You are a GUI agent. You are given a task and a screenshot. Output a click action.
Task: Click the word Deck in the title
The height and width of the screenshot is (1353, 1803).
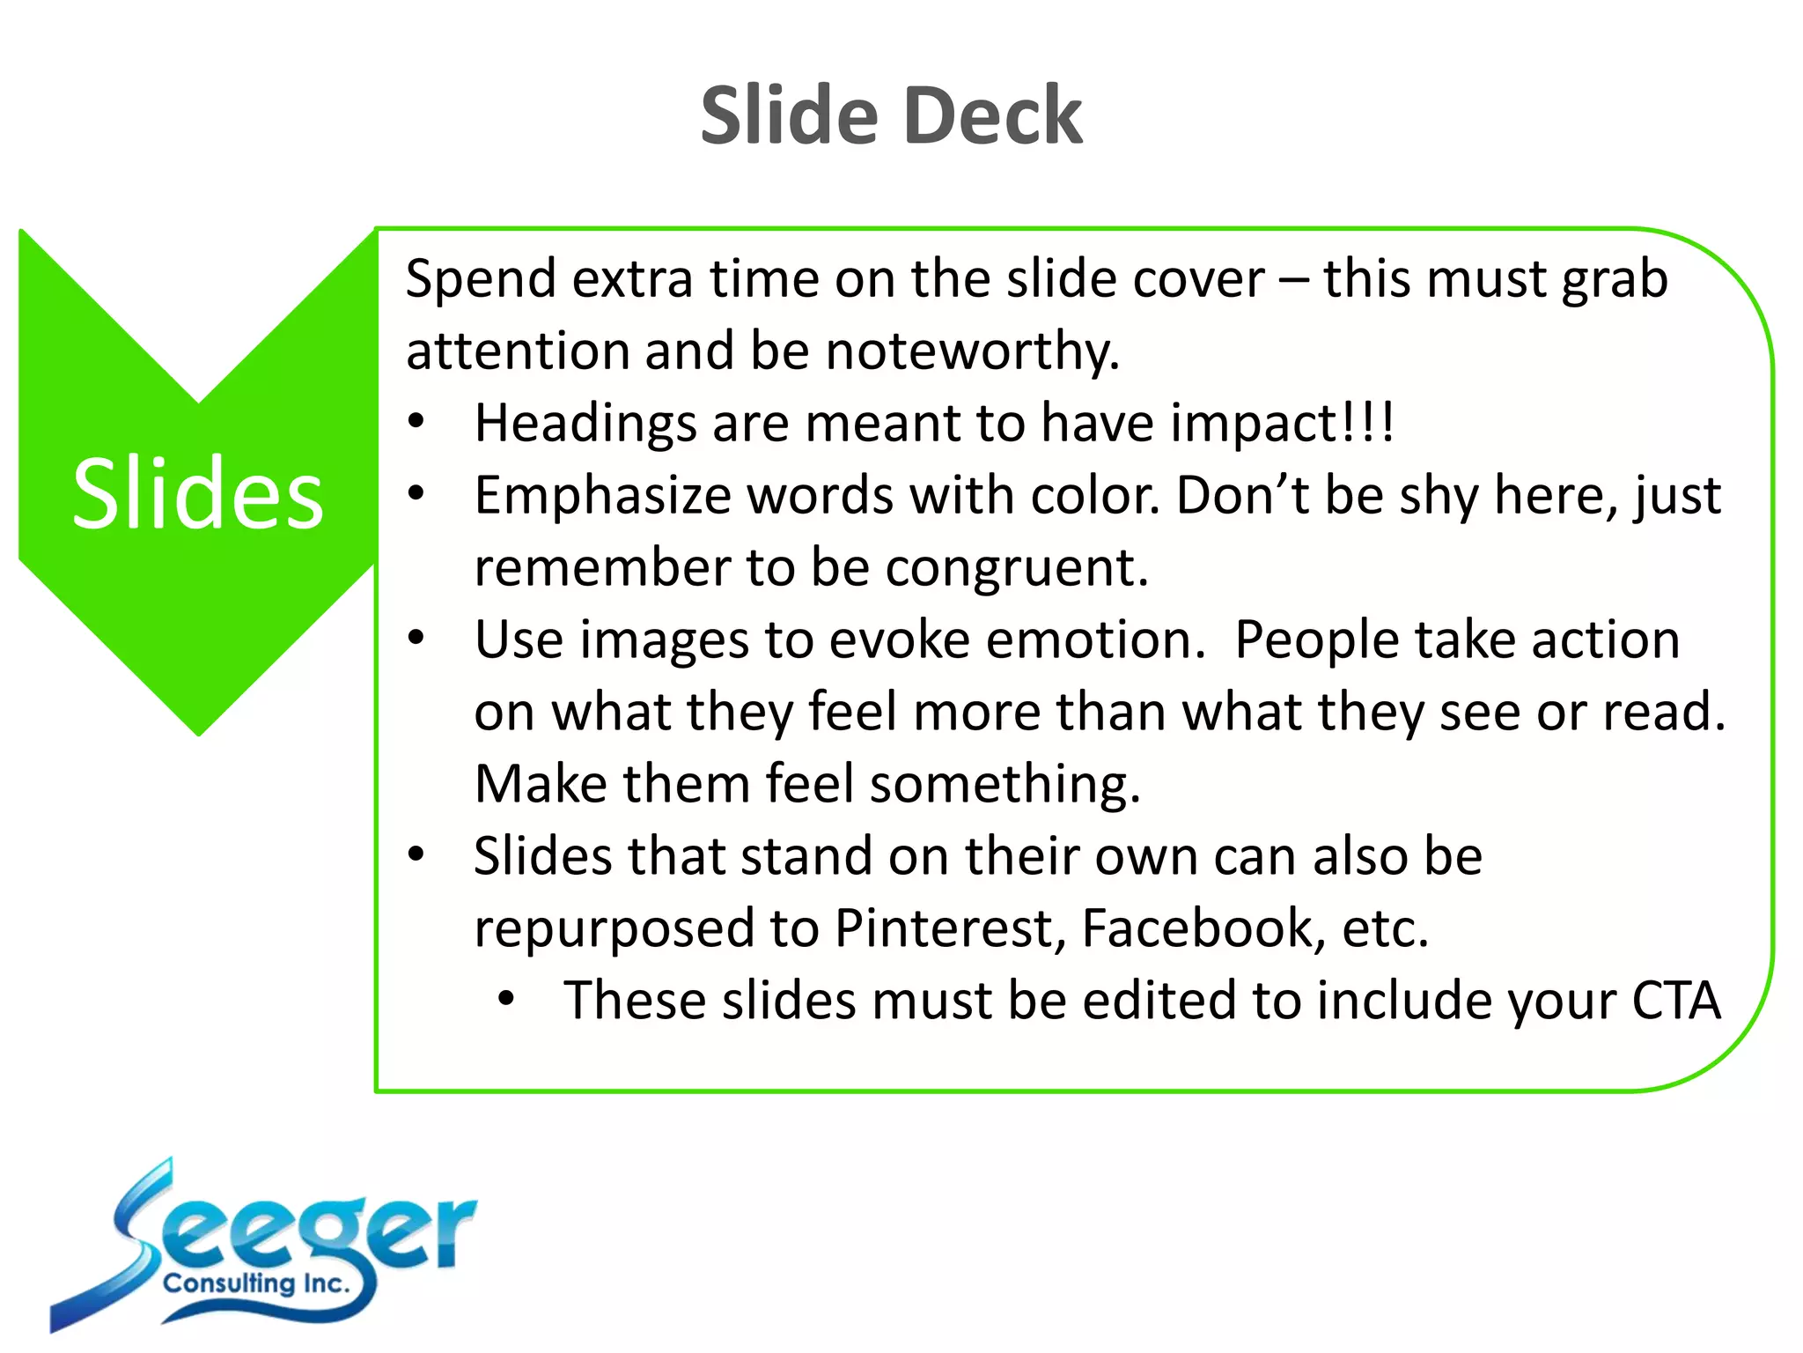(993, 116)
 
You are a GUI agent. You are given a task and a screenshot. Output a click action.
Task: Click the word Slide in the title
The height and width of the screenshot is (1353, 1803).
(790, 116)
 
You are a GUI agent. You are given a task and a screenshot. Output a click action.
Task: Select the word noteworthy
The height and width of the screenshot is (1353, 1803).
(972, 351)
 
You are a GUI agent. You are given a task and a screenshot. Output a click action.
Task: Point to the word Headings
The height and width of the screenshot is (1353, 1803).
(585, 423)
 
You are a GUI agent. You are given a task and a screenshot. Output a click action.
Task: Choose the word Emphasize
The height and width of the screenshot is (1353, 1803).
(602, 495)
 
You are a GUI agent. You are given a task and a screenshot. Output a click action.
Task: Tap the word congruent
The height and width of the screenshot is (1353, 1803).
(1016, 567)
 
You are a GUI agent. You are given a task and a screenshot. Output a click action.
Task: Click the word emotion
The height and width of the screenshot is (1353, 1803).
(1095, 640)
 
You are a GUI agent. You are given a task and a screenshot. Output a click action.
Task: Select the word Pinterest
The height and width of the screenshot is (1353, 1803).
(950, 928)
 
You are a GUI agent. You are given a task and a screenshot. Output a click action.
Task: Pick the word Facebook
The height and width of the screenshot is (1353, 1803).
(1203, 928)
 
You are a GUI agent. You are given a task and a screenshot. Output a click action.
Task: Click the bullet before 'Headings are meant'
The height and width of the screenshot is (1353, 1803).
(416, 421)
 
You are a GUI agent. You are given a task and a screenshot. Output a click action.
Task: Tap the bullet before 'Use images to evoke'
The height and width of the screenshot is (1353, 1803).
(416, 637)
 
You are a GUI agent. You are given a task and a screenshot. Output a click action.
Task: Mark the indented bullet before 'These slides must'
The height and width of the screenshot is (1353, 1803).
(505, 999)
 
